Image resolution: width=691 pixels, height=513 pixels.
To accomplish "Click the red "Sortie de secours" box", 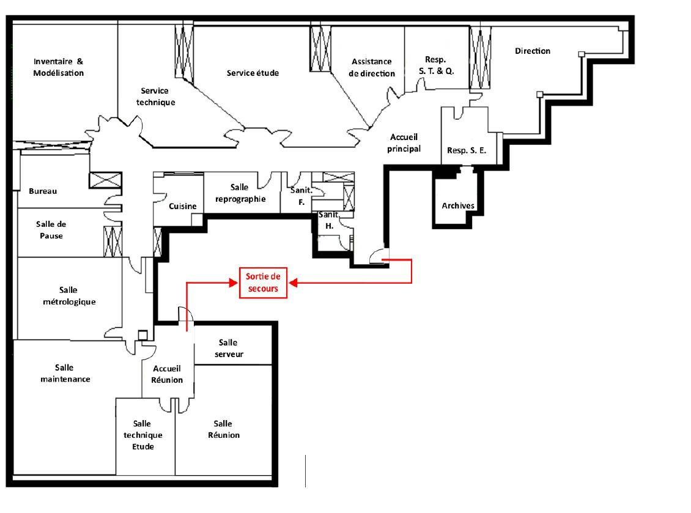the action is click(263, 283).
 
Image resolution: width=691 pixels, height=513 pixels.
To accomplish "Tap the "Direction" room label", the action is click(533, 51).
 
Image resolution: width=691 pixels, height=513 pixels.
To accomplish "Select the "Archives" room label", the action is click(458, 206).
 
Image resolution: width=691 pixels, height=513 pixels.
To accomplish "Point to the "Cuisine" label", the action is click(182, 206).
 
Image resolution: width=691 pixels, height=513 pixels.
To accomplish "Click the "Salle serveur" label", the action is click(228, 348).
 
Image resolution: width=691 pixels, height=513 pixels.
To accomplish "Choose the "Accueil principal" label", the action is click(404, 143).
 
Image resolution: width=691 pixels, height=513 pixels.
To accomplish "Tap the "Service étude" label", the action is click(253, 73).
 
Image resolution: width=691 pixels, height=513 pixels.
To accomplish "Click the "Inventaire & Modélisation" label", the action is click(58, 67).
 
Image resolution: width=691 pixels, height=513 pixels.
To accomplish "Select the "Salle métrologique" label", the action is click(68, 296).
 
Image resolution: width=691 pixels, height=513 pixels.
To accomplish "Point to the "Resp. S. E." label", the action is click(466, 150).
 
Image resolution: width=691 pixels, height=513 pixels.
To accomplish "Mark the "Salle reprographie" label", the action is click(240, 193).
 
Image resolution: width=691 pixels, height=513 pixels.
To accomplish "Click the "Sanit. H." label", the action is click(329, 220).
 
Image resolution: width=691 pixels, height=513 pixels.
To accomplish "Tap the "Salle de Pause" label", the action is click(51, 230).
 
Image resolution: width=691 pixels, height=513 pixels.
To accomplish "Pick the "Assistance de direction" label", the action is click(372, 67).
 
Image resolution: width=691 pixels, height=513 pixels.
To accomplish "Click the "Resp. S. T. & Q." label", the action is click(436, 65).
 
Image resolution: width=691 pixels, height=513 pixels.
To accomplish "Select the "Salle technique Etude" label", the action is click(142, 435).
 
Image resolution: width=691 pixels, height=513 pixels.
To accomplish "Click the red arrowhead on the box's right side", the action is click(293, 282).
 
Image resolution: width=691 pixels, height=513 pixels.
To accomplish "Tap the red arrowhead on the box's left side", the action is click(234, 282).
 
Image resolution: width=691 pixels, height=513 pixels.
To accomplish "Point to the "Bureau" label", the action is click(43, 191).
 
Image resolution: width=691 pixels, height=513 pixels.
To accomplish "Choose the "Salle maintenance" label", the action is click(65, 374).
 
